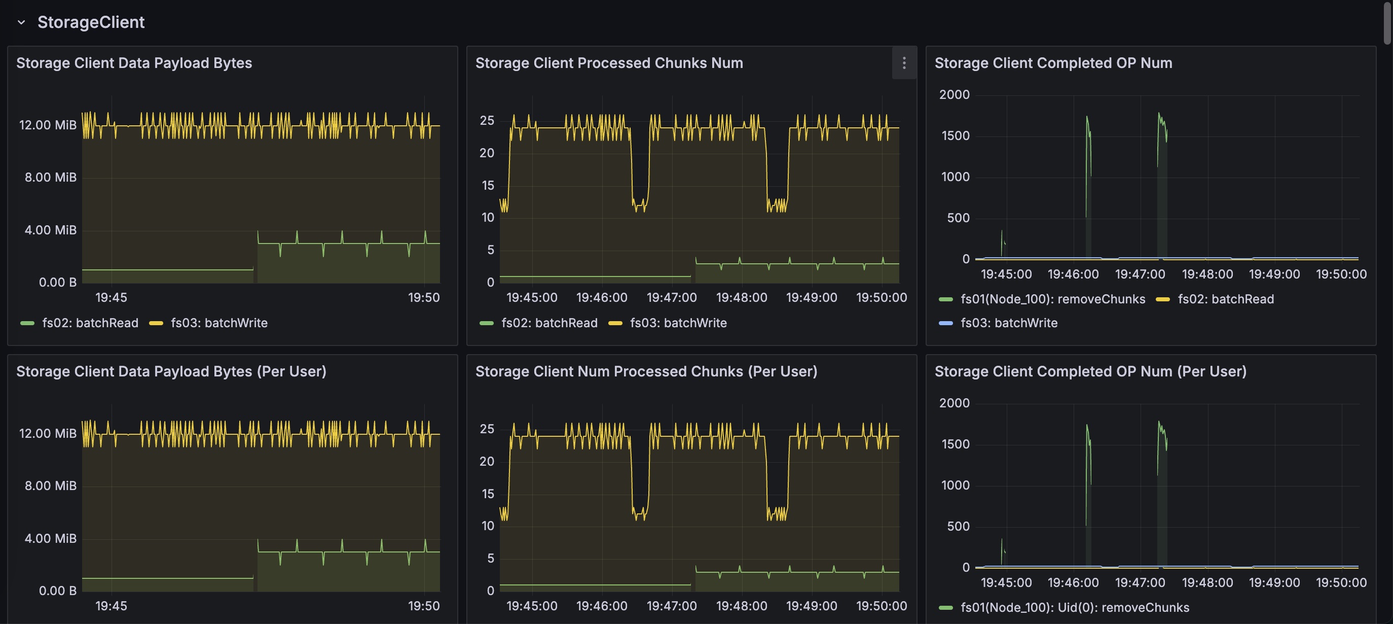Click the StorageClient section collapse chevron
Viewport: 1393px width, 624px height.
point(22,23)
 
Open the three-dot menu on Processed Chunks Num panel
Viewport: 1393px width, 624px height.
point(904,63)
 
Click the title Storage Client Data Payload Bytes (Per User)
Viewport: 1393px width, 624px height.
point(171,371)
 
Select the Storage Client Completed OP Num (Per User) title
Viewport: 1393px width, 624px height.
point(1090,371)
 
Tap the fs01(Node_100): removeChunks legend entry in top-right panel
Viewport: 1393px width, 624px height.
point(1042,299)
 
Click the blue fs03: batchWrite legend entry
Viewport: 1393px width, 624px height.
point(998,323)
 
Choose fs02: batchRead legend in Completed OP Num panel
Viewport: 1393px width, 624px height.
point(1215,299)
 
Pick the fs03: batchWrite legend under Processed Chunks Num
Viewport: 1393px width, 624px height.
point(667,323)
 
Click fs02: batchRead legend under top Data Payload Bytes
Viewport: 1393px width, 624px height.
point(80,323)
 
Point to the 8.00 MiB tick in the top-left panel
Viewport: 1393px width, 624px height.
point(50,178)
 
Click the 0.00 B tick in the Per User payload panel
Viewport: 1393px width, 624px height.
point(57,591)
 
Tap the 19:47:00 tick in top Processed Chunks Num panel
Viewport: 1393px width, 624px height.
point(672,298)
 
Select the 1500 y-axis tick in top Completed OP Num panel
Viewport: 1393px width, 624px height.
point(956,136)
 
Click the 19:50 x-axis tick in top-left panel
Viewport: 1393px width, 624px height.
point(424,298)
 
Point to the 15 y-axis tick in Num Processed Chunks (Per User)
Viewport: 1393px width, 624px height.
point(488,494)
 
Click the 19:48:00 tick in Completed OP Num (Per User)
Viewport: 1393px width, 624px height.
point(1207,583)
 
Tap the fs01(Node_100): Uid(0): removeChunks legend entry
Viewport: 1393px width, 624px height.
point(1064,608)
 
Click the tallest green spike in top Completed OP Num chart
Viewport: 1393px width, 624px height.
point(1158,114)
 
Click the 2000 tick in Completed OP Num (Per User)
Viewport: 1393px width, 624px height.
point(955,403)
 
